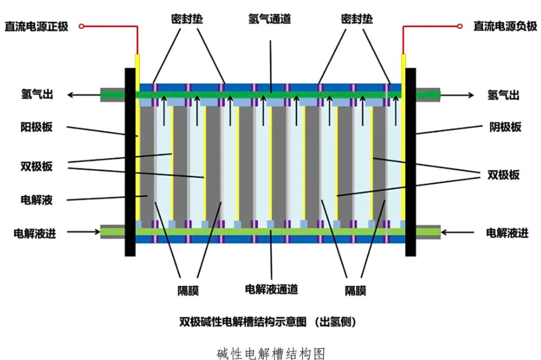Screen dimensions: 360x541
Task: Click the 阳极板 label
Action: point(37,127)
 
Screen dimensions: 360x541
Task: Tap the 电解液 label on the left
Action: point(37,200)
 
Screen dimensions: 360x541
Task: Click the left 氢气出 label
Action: point(37,95)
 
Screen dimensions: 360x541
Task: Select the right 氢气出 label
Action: point(504,95)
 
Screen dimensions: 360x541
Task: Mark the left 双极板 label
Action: point(37,167)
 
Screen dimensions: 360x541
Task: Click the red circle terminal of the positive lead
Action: point(82,26)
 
